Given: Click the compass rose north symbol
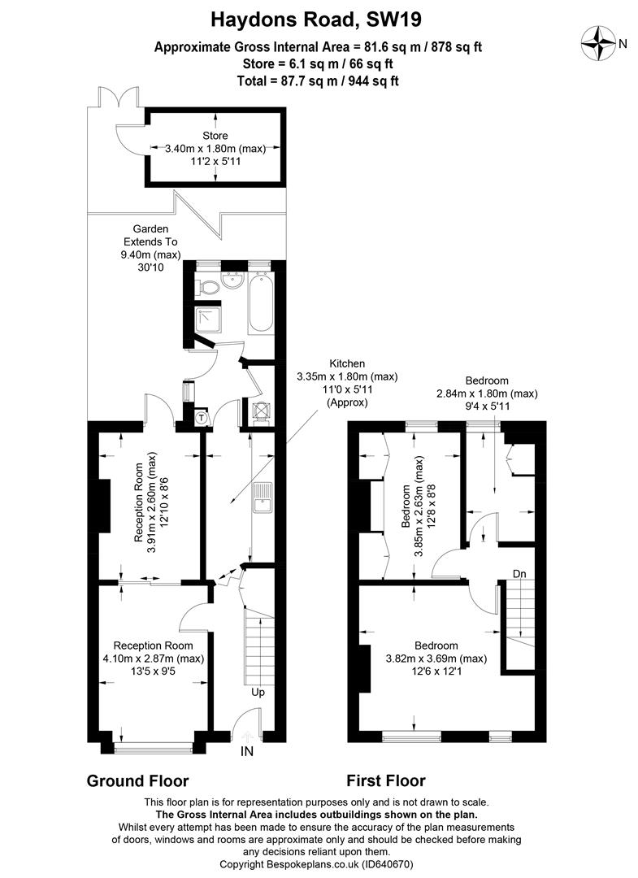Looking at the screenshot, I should pyautogui.click(x=601, y=42).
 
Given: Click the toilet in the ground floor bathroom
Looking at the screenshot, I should pyautogui.click(x=207, y=286).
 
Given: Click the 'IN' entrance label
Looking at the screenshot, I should pyautogui.click(x=246, y=751).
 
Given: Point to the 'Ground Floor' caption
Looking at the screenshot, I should pyautogui.click(x=137, y=781).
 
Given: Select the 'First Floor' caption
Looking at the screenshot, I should pyautogui.click(x=385, y=781).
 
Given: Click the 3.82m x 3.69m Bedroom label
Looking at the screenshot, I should pyautogui.click(x=436, y=652).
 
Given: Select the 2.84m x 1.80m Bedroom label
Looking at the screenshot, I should pyautogui.click(x=487, y=393).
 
